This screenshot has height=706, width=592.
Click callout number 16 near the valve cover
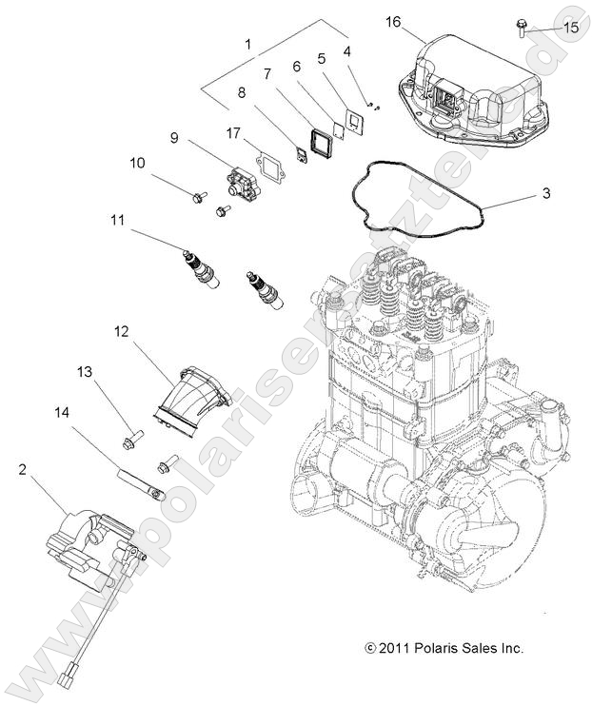pos(392,21)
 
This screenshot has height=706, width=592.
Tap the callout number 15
pos(571,29)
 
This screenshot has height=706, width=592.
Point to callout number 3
pos(546,194)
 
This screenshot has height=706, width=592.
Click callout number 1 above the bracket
pos(248,44)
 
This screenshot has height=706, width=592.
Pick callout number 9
pos(174,137)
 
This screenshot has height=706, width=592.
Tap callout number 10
pos(137,163)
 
